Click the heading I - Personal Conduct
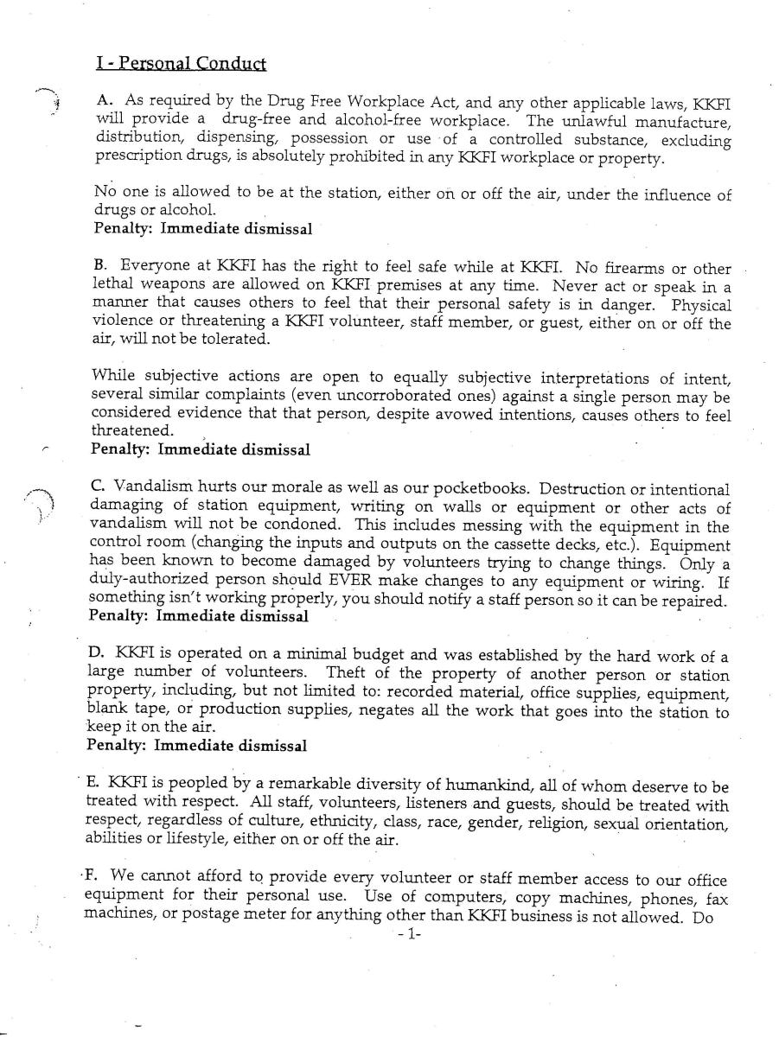(181, 63)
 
